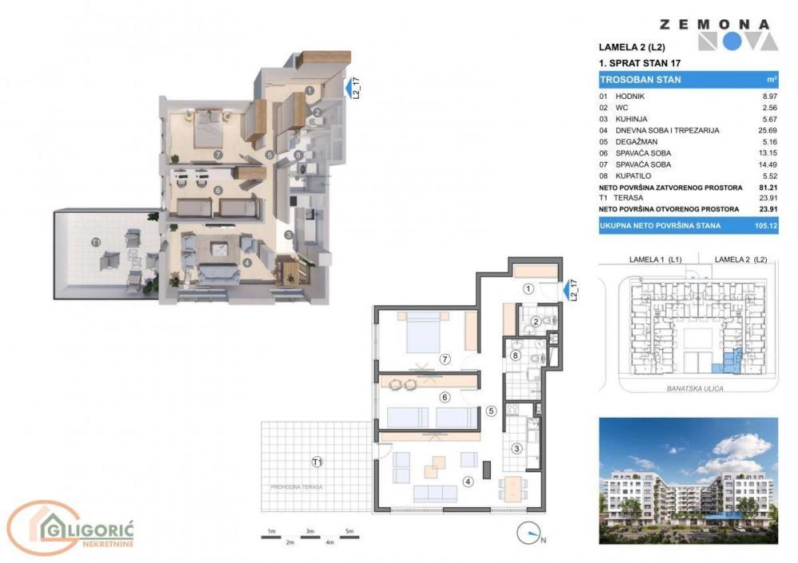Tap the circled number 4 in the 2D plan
[468, 481]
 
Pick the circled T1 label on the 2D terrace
[318, 462]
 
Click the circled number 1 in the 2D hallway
[528, 289]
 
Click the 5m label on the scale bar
[349, 531]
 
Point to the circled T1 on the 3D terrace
[96, 242]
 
